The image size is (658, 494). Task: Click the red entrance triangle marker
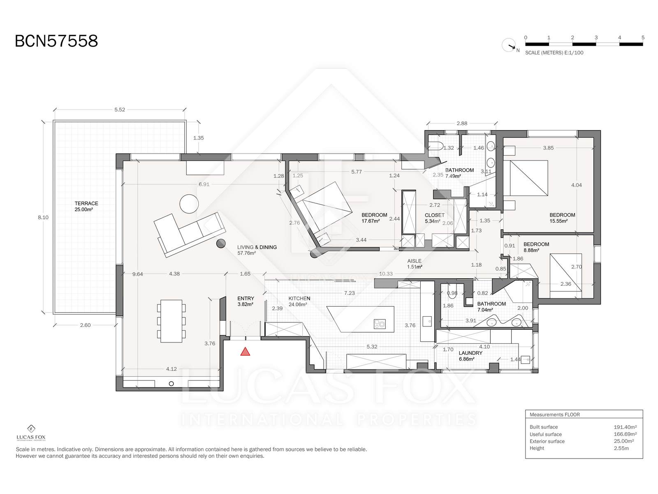[x=245, y=352]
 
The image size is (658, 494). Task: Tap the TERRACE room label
[x=86, y=203]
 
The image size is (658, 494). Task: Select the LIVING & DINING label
[x=257, y=247]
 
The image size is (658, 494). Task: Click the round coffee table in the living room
[x=189, y=204]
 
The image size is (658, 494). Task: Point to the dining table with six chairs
[x=171, y=321]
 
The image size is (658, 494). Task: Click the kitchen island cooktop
[x=380, y=324]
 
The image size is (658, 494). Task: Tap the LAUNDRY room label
[x=470, y=353]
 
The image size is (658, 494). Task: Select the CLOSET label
[x=434, y=215]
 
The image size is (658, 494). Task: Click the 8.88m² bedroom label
[x=531, y=250]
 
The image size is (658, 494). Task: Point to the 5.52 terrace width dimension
[x=120, y=110]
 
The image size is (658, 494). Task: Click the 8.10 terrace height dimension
[x=43, y=217]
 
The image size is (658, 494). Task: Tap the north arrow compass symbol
[x=509, y=46]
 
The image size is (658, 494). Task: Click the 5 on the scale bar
[x=643, y=38]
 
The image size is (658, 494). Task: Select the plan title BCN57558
[x=56, y=41]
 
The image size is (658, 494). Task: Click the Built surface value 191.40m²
[x=625, y=427]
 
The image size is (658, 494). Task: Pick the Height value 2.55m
[x=621, y=448]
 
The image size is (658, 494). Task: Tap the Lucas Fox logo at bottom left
[x=31, y=433]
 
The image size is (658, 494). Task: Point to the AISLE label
[x=414, y=261]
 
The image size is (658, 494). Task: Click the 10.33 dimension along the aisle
[x=386, y=273]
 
